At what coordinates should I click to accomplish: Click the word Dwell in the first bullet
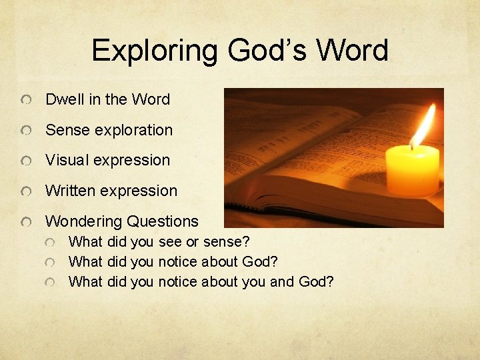click(x=65, y=99)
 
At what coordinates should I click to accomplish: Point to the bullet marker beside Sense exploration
click(x=25, y=131)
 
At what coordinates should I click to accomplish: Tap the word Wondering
click(x=83, y=221)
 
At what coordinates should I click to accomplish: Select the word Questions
click(x=163, y=221)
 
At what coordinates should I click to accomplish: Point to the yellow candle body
click(x=413, y=171)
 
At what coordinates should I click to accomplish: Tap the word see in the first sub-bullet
click(x=170, y=241)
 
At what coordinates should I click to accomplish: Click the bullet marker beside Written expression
click(x=25, y=192)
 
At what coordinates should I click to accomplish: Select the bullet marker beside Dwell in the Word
click(x=25, y=100)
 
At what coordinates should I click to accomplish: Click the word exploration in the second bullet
click(x=133, y=130)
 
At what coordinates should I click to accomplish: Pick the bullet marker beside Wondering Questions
click(x=25, y=222)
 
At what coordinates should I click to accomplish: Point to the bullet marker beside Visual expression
click(x=25, y=161)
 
